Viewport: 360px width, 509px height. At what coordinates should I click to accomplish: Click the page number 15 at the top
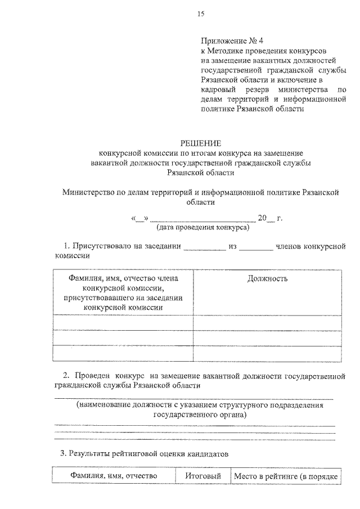point(200,13)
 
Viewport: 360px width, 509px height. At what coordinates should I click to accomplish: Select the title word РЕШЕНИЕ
point(200,144)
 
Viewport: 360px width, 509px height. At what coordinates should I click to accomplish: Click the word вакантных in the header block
point(267,60)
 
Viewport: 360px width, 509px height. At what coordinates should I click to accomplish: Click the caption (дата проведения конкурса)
point(200,228)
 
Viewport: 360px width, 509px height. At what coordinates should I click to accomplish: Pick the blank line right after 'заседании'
point(204,247)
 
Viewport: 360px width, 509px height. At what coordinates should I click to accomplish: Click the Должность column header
point(267,278)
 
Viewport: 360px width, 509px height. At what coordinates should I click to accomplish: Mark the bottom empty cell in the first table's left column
point(123,353)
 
